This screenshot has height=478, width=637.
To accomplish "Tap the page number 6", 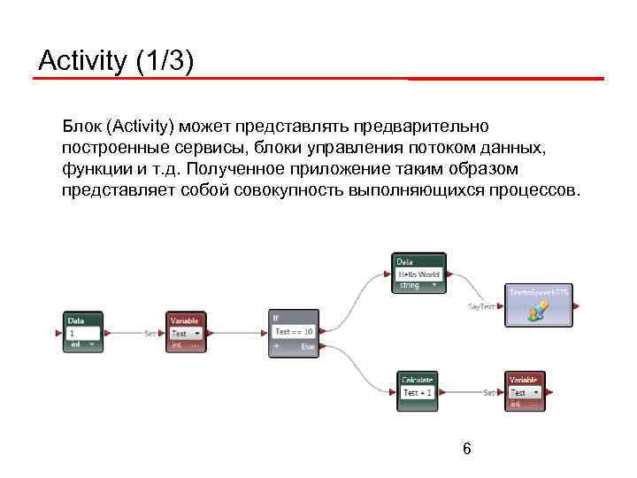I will coord(466,450).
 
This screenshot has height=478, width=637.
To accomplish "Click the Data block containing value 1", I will coord(84,333).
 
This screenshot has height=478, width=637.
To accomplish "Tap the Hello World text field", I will coord(418,274).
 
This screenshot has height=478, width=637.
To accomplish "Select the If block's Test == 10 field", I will coord(294,332).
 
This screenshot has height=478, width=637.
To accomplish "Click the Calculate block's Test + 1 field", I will coord(418,392).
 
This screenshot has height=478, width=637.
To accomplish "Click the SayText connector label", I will coord(482,306).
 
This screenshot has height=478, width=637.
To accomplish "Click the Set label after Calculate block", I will coord(488,392).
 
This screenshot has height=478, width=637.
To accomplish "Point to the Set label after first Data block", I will coord(150,334).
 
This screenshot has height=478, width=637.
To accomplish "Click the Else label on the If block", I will coord(307,347).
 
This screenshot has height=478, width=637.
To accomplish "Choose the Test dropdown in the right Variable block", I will coord(525,392).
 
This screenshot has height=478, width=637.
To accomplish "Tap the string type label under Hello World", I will coord(409,286).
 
